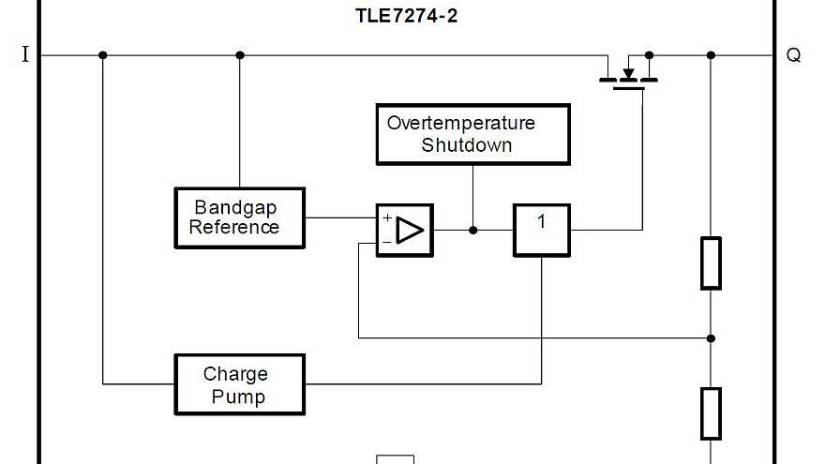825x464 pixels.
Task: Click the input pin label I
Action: [x=25, y=55]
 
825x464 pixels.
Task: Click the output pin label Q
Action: [x=793, y=55]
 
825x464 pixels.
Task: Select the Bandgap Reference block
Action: [x=239, y=217]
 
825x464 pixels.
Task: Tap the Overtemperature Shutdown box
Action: [x=472, y=134]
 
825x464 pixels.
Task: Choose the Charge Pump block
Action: [x=239, y=384]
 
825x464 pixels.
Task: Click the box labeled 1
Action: [x=541, y=230]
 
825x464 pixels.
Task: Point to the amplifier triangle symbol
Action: [x=410, y=230]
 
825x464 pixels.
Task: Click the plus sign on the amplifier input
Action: [x=386, y=217]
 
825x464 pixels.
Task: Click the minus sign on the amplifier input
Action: [x=386, y=243]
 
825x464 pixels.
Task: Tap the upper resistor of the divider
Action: [x=711, y=262]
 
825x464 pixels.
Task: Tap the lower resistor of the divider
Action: [x=711, y=413]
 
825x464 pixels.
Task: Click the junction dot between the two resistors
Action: [x=711, y=337]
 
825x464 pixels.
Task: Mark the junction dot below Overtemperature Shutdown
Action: [x=472, y=230]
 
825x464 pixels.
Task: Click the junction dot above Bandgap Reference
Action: [x=239, y=55]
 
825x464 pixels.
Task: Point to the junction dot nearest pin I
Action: [x=103, y=55]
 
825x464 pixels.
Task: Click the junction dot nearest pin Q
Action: [x=711, y=55]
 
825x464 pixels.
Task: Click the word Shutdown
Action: [x=466, y=145]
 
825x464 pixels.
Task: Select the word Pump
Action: [x=237, y=396]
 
